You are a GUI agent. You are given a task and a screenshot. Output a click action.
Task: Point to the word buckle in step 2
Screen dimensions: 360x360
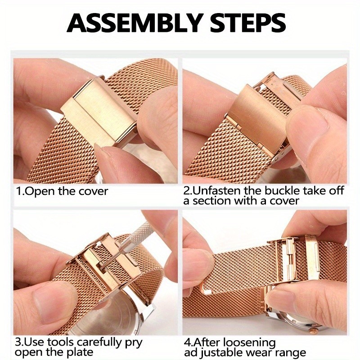pyautogui.click(x=283, y=191)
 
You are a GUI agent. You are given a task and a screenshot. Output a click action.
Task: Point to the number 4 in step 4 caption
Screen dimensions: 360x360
pyautogui.click(x=188, y=343)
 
